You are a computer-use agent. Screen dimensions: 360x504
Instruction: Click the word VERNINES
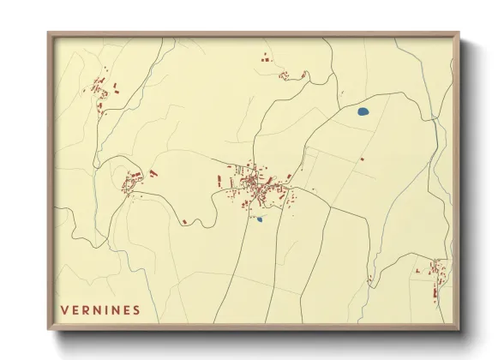(x=100, y=309)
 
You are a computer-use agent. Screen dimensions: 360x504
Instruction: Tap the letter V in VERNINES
(x=65, y=309)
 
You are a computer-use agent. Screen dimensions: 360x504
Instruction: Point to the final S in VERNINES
(x=135, y=309)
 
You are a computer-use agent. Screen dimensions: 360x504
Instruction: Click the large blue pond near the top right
(x=362, y=111)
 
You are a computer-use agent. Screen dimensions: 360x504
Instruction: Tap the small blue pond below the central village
(x=259, y=219)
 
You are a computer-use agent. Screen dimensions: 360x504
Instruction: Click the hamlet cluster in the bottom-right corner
(x=435, y=276)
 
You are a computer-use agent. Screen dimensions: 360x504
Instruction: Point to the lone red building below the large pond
(x=362, y=159)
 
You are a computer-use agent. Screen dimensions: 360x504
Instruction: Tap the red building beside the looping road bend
(x=184, y=223)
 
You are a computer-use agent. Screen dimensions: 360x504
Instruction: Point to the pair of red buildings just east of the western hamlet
(x=153, y=173)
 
